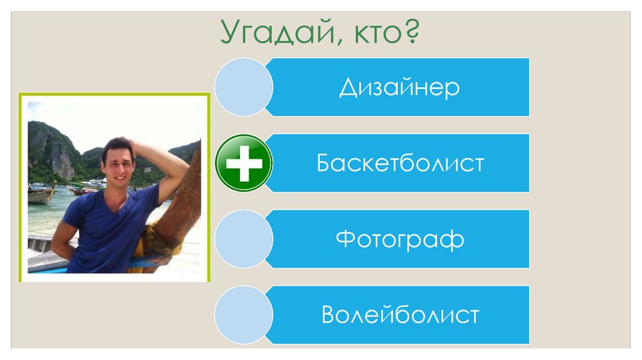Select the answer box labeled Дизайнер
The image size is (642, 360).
coord(399,87)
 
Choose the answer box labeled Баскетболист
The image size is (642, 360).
coord(399,163)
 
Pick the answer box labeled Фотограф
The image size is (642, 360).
coord(399,239)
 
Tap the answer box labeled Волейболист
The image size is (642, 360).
coord(399,314)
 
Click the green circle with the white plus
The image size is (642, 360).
coord(243,163)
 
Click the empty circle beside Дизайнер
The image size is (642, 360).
coord(243,87)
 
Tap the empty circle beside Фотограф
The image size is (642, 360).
coord(243,239)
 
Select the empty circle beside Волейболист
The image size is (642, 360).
coord(243,314)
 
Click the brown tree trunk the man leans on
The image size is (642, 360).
coord(182,207)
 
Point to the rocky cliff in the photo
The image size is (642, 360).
coord(53,151)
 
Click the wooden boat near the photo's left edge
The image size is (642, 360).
coord(40,195)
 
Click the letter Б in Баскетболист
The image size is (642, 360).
coord(324,164)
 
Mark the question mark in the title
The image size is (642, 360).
coord(410,32)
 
